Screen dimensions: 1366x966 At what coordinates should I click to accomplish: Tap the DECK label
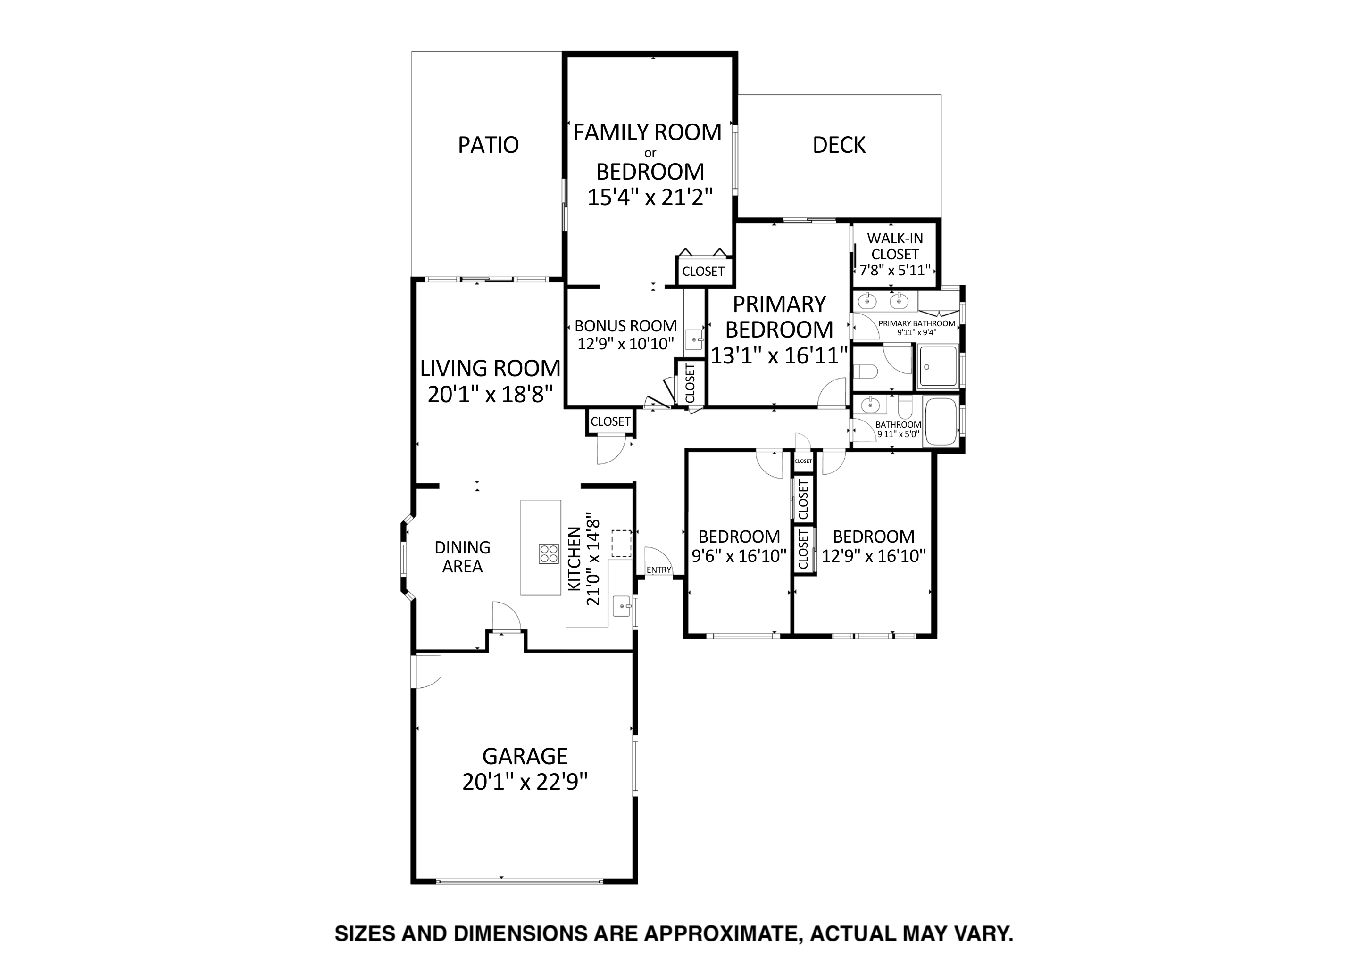[839, 145]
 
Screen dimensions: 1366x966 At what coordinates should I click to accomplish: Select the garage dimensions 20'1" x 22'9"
[525, 781]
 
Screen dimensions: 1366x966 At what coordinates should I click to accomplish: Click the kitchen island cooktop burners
[549, 554]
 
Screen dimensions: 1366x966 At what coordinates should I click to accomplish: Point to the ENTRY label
[658, 570]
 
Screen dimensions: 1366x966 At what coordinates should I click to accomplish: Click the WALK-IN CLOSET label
[895, 246]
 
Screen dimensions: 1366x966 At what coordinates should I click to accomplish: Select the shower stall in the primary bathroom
[937, 367]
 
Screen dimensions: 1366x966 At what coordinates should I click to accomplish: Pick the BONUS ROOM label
[625, 326]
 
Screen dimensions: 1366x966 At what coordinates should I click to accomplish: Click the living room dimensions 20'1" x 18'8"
[490, 394]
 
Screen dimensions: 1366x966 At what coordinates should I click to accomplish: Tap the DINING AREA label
[462, 557]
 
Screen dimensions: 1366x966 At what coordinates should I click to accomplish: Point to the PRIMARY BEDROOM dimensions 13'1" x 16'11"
[779, 355]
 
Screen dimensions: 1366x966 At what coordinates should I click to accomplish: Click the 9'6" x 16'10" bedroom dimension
[739, 555]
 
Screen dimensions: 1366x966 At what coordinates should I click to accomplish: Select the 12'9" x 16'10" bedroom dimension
[874, 555]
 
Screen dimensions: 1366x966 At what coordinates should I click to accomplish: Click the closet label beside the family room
[703, 271]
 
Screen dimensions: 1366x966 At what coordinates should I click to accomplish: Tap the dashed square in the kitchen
[622, 544]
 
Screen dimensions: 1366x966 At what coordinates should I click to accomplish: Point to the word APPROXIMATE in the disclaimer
[723, 933]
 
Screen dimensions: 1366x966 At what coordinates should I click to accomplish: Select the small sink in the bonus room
[694, 339]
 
